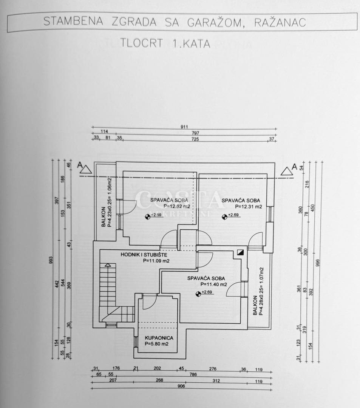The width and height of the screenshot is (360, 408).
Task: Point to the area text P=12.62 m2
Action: (x=176, y=206)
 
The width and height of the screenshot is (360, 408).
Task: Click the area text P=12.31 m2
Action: (x=248, y=207)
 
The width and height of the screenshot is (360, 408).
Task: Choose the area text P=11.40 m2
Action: (x=213, y=284)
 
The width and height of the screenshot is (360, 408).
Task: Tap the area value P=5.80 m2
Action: (x=156, y=344)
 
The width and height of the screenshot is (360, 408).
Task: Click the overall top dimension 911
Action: (x=184, y=127)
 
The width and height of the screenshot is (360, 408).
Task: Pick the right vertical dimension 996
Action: (x=318, y=262)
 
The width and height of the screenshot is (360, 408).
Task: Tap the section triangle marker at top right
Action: (x=287, y=170)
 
